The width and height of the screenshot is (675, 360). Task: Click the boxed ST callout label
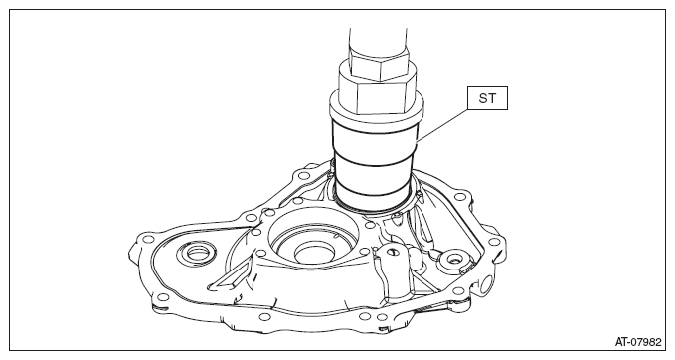(x=487, y=98)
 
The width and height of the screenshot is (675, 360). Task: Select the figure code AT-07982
(x=638, y=342)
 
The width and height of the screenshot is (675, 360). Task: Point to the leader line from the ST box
(x=441, y=125)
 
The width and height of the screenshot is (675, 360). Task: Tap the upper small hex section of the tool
(x=379, y=64)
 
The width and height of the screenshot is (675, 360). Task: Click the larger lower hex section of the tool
(x=377, y=95)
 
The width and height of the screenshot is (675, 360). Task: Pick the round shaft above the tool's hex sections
(x=378, y=40)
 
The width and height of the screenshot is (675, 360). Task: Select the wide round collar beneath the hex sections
(x=377, y=112)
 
